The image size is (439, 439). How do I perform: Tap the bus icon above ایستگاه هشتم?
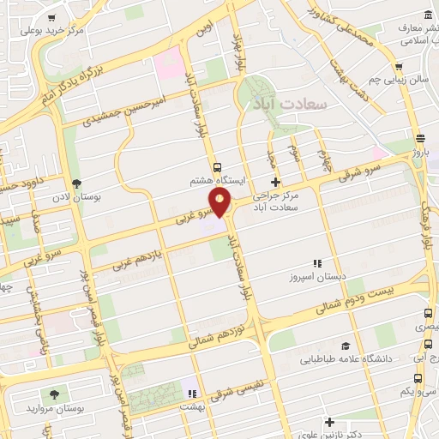217,167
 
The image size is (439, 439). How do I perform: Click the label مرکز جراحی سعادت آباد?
279,201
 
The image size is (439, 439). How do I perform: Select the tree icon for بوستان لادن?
78,183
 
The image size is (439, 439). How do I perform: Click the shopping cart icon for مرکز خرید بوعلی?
52,18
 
